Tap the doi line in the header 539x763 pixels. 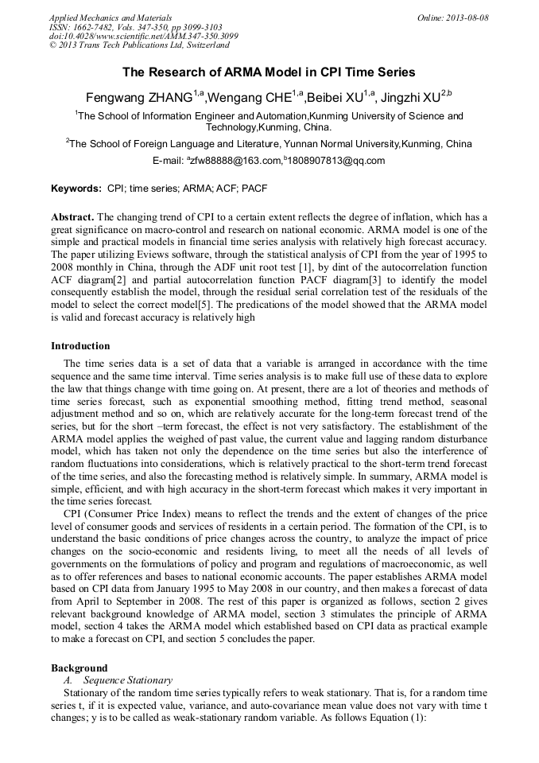click(x=143, y=37)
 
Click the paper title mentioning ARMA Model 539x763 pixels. click(x=269, y=72)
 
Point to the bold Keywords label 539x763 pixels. click(x=76, y=189)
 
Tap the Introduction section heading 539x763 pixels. click(x=80, y=346)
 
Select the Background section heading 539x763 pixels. click(x=79, y=668)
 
